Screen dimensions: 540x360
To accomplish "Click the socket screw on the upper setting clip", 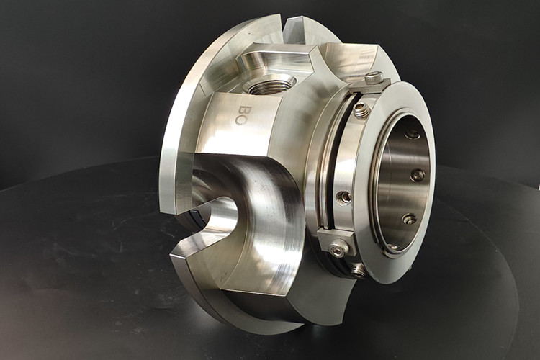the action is [x=373, y=79].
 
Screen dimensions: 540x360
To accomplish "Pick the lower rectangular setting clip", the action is [x=336, y=243].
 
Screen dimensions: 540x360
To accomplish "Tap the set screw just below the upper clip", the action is [x=361, y=111].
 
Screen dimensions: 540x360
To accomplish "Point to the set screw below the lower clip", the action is [x=359, y=271].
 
